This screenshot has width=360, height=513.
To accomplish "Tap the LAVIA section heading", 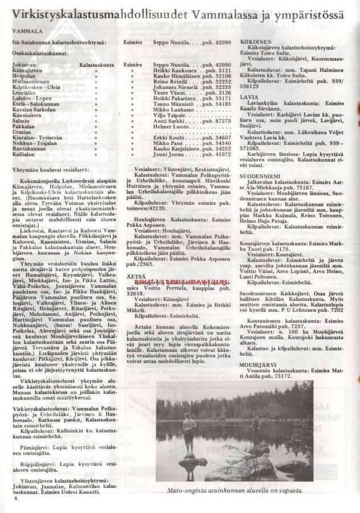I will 246,97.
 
